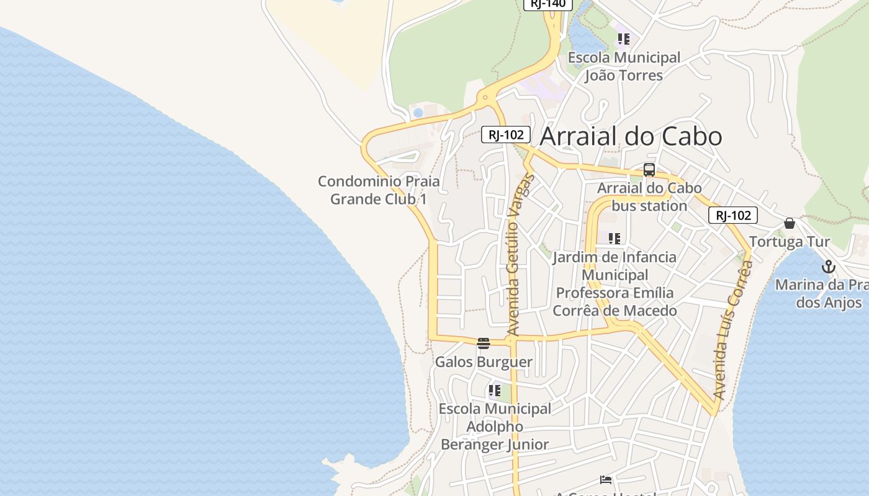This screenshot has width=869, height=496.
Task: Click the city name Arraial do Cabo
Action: pyautogui.click(x=631, y=136)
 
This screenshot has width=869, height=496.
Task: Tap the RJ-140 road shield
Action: pyautogui.click(x=548, y=4)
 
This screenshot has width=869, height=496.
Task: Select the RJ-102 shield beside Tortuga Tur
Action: pyautogui.click(x=733, y=215)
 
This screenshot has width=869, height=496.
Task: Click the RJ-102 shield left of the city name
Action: pyautogui.click(x=506, y=135)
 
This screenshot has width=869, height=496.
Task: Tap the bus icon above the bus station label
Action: pyautogui.click(x=649, y=169)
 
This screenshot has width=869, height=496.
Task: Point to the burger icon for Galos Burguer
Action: pyautogui.click(x=484, y=343)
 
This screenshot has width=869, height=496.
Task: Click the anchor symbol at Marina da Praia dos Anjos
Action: pyautogui.click(x=828, y=267)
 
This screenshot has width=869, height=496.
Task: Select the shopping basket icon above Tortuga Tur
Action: pyautogui.click(x=790, y=223)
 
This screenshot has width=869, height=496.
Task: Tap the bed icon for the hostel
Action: pyautogui.click(x=606, y=479)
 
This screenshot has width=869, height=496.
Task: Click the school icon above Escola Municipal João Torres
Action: pyautogui.click(x=624, y=40)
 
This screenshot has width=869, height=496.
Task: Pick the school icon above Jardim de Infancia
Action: pyautogui.click(x=615, y=239)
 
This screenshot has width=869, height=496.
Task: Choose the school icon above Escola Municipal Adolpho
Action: pyautogui.click(x=494, y=391)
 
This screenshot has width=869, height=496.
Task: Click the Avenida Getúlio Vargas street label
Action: pyautogui.click(x=520, y=255)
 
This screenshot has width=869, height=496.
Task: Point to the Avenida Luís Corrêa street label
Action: pyautogui.click(x=734, y=330)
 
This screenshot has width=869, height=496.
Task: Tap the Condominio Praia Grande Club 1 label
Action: pyautogui.click(x=379, y=190)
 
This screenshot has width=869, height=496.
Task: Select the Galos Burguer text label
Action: pyautogui.click(x=484, y=362)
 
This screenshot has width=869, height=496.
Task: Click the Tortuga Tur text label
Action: pyautogui.click(x=790, y=242)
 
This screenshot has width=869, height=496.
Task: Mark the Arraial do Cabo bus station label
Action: pyautogui.click(x=649, y=197)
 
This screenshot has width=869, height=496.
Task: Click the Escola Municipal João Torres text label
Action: pyautogui.click(x=624, y=66)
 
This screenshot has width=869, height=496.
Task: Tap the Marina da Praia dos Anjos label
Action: pyautogui.click(x=822, y=294)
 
